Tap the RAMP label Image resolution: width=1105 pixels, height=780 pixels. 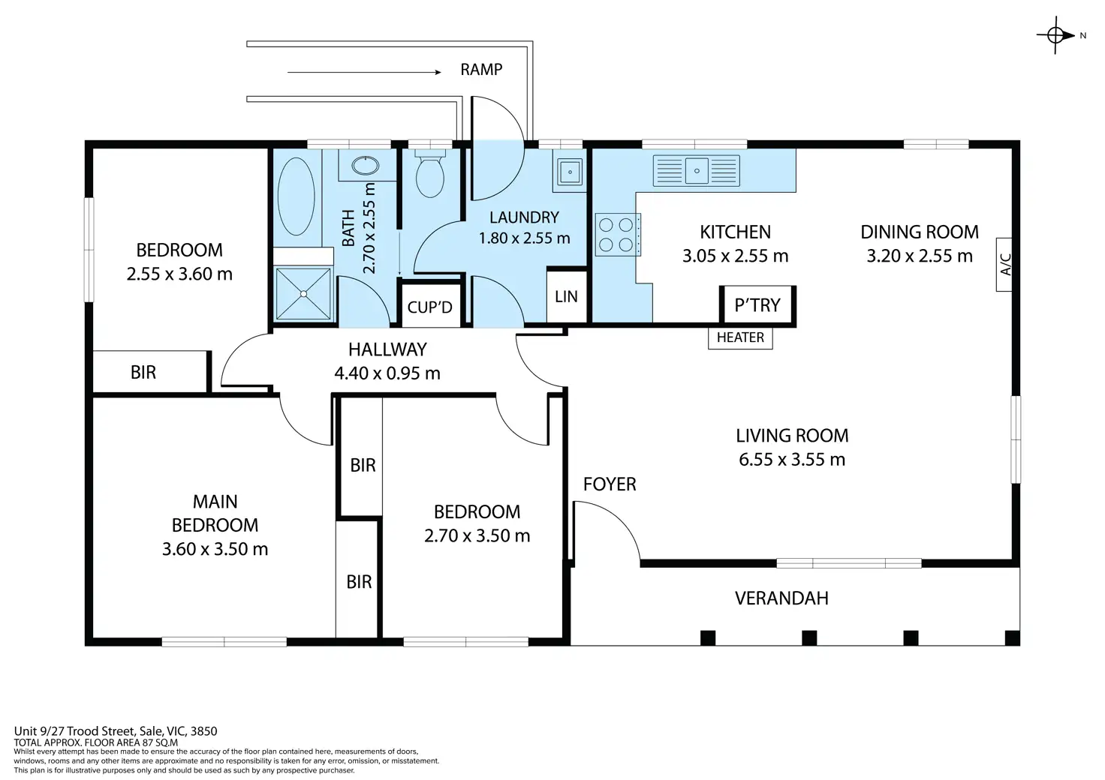point(481,70)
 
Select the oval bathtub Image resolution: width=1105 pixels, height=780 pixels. point(296,196)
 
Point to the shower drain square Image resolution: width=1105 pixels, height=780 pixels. point(303,294)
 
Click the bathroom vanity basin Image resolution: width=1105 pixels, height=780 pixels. point(365,166)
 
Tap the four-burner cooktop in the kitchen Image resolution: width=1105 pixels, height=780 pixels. point(617,235)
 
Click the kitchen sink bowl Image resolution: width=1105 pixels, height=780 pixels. point(697,171)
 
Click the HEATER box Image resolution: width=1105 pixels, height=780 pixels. point(740,337)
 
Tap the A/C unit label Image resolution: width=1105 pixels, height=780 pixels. point(1004,265)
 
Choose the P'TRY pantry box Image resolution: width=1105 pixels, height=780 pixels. point(757,305)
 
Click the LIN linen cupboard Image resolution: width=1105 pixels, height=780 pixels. point(566,297)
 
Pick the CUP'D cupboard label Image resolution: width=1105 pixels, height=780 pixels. point(429,307)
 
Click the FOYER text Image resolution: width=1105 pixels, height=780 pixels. point(610,484)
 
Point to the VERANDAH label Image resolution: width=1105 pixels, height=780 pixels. point(781,598)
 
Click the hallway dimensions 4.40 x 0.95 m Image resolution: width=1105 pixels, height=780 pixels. point(387,373)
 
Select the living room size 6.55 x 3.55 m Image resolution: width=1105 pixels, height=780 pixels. point(792,460)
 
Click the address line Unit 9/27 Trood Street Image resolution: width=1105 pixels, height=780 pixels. point(116,731)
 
